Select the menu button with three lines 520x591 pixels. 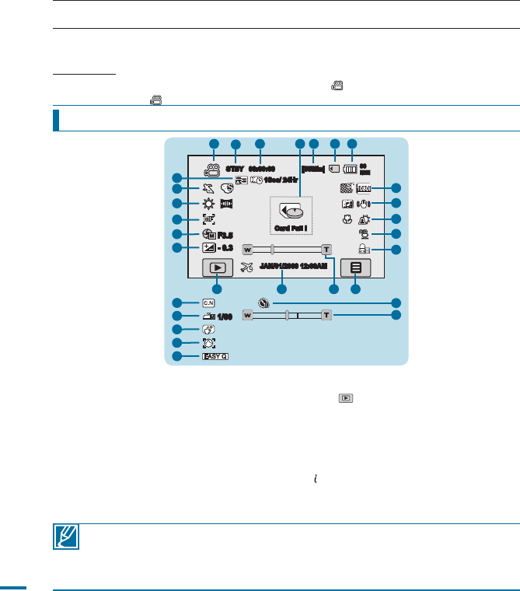356,267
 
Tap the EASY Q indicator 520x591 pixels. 215,357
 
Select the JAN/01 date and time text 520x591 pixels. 295,267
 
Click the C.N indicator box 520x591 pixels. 208,302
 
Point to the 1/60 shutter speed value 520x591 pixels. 225,316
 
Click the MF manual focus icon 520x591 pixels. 208,219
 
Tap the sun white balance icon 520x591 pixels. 208,205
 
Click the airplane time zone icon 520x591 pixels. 247,267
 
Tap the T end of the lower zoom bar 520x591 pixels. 326,316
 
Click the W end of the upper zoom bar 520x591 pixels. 248,250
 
